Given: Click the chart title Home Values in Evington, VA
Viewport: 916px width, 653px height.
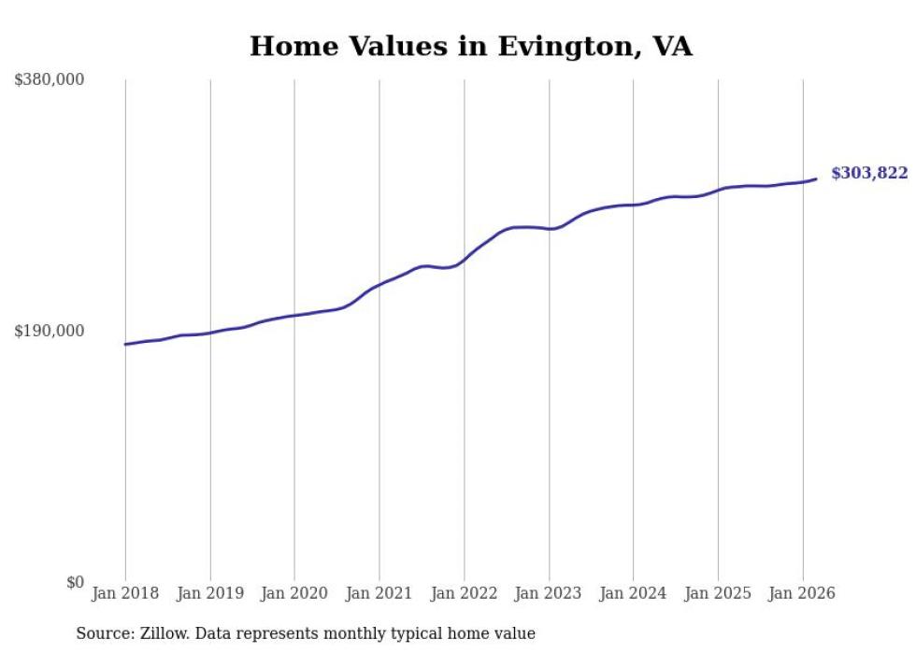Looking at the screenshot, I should (470, 46).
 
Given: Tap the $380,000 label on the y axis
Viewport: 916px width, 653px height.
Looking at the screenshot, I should (49, 80).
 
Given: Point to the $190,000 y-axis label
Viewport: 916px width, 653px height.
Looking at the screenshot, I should (49, 331).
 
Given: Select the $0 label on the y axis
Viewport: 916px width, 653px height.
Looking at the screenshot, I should (75, 582).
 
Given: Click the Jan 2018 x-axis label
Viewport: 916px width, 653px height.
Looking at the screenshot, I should (125, 593).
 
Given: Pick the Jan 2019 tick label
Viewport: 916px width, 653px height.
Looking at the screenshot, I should (209, 593).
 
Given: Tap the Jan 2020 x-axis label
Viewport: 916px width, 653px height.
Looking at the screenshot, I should (294, 593).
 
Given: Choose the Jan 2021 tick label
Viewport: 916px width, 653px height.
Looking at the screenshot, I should (379, 593).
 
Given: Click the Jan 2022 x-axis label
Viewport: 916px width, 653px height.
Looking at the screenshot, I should (464, 593).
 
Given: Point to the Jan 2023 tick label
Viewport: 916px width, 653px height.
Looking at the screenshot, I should (549, 593).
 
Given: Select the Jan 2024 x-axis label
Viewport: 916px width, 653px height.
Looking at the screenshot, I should (633, 593).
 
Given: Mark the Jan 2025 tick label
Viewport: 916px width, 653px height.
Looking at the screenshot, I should (718, 593).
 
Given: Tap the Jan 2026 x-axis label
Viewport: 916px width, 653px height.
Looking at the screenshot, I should (802, 593).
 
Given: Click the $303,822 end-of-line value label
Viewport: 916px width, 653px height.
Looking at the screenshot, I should (868, 173).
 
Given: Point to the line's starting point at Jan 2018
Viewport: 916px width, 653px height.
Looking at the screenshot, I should (125, 345).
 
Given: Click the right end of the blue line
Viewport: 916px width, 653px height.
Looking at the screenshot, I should (816, 178).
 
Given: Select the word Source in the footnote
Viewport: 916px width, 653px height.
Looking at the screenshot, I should (100, 633).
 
